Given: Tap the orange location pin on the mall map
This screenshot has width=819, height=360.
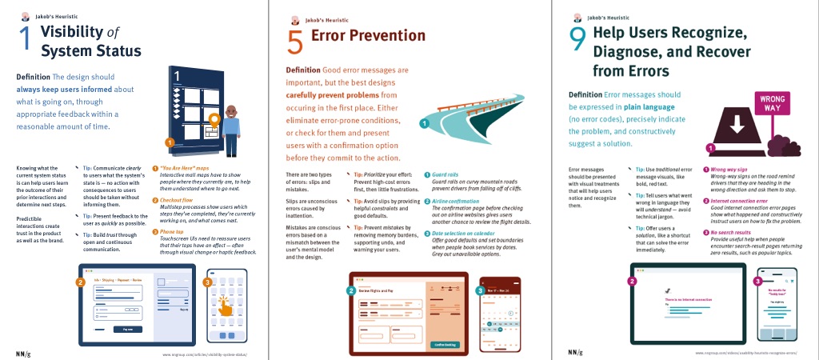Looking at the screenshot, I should click(213, 119).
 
